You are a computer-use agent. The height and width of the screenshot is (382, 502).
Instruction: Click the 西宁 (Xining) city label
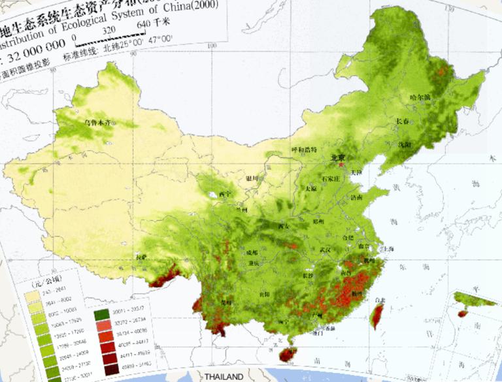coord(225,194)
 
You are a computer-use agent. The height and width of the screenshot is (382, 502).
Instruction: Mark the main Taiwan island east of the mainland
coord(375,315)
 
